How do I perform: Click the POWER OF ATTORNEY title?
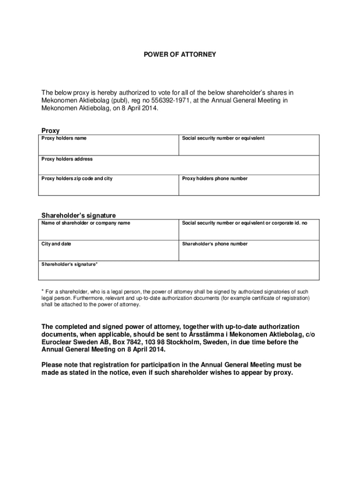coord(180,55)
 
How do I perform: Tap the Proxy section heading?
coord(50,131)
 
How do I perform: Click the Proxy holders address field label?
coord(67,159)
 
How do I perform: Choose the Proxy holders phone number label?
coord(215,179)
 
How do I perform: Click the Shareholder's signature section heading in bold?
coord(79,216)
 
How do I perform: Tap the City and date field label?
coord(56,244)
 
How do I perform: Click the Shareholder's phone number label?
coord(215,244)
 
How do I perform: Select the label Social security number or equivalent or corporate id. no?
coord(245,223)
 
